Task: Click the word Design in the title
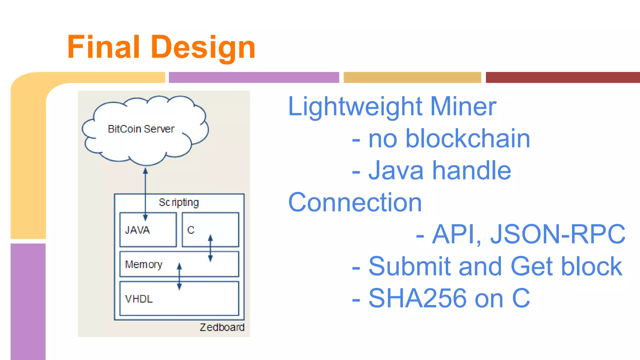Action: point(203,47)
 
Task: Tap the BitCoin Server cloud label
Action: point(141,129)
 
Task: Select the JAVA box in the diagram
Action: point(148,230)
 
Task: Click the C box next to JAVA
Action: point(210,230)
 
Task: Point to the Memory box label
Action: point(143,265)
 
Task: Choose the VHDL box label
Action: point(139,299)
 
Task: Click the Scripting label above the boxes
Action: point(179,202)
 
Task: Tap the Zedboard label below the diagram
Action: point(222,327)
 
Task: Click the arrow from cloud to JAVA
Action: point(145,187)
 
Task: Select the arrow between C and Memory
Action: point(210,248)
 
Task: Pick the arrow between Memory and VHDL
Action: point(179,276)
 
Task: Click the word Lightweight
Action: point(355,107)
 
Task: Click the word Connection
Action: point(355,202)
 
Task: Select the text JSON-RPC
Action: point(557,234)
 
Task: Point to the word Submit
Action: point(409,266)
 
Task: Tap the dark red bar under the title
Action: point(562,77)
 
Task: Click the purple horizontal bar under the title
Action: point(254,77)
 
